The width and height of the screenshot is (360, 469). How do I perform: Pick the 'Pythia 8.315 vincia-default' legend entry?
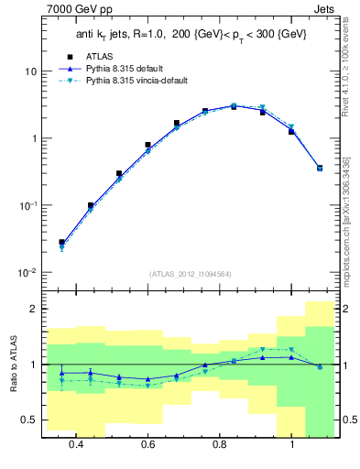click(x=147, y=81)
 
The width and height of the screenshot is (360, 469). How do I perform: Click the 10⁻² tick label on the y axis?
click(x=27, y=273)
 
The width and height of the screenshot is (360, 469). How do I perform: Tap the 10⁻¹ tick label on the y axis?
click(x=27, y=206)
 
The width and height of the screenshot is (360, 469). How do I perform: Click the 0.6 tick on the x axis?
click(x=147, y=444)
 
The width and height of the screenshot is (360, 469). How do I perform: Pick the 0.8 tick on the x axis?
click(x=220, y=444)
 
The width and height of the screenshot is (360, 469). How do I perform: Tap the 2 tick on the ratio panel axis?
click(x=33, y=310)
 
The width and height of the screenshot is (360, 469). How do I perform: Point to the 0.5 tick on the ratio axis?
click(x=29, y=420)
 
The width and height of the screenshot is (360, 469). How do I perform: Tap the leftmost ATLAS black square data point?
click(x=61, y=243)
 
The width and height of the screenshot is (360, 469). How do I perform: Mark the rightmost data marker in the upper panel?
click(x=320, y=168)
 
